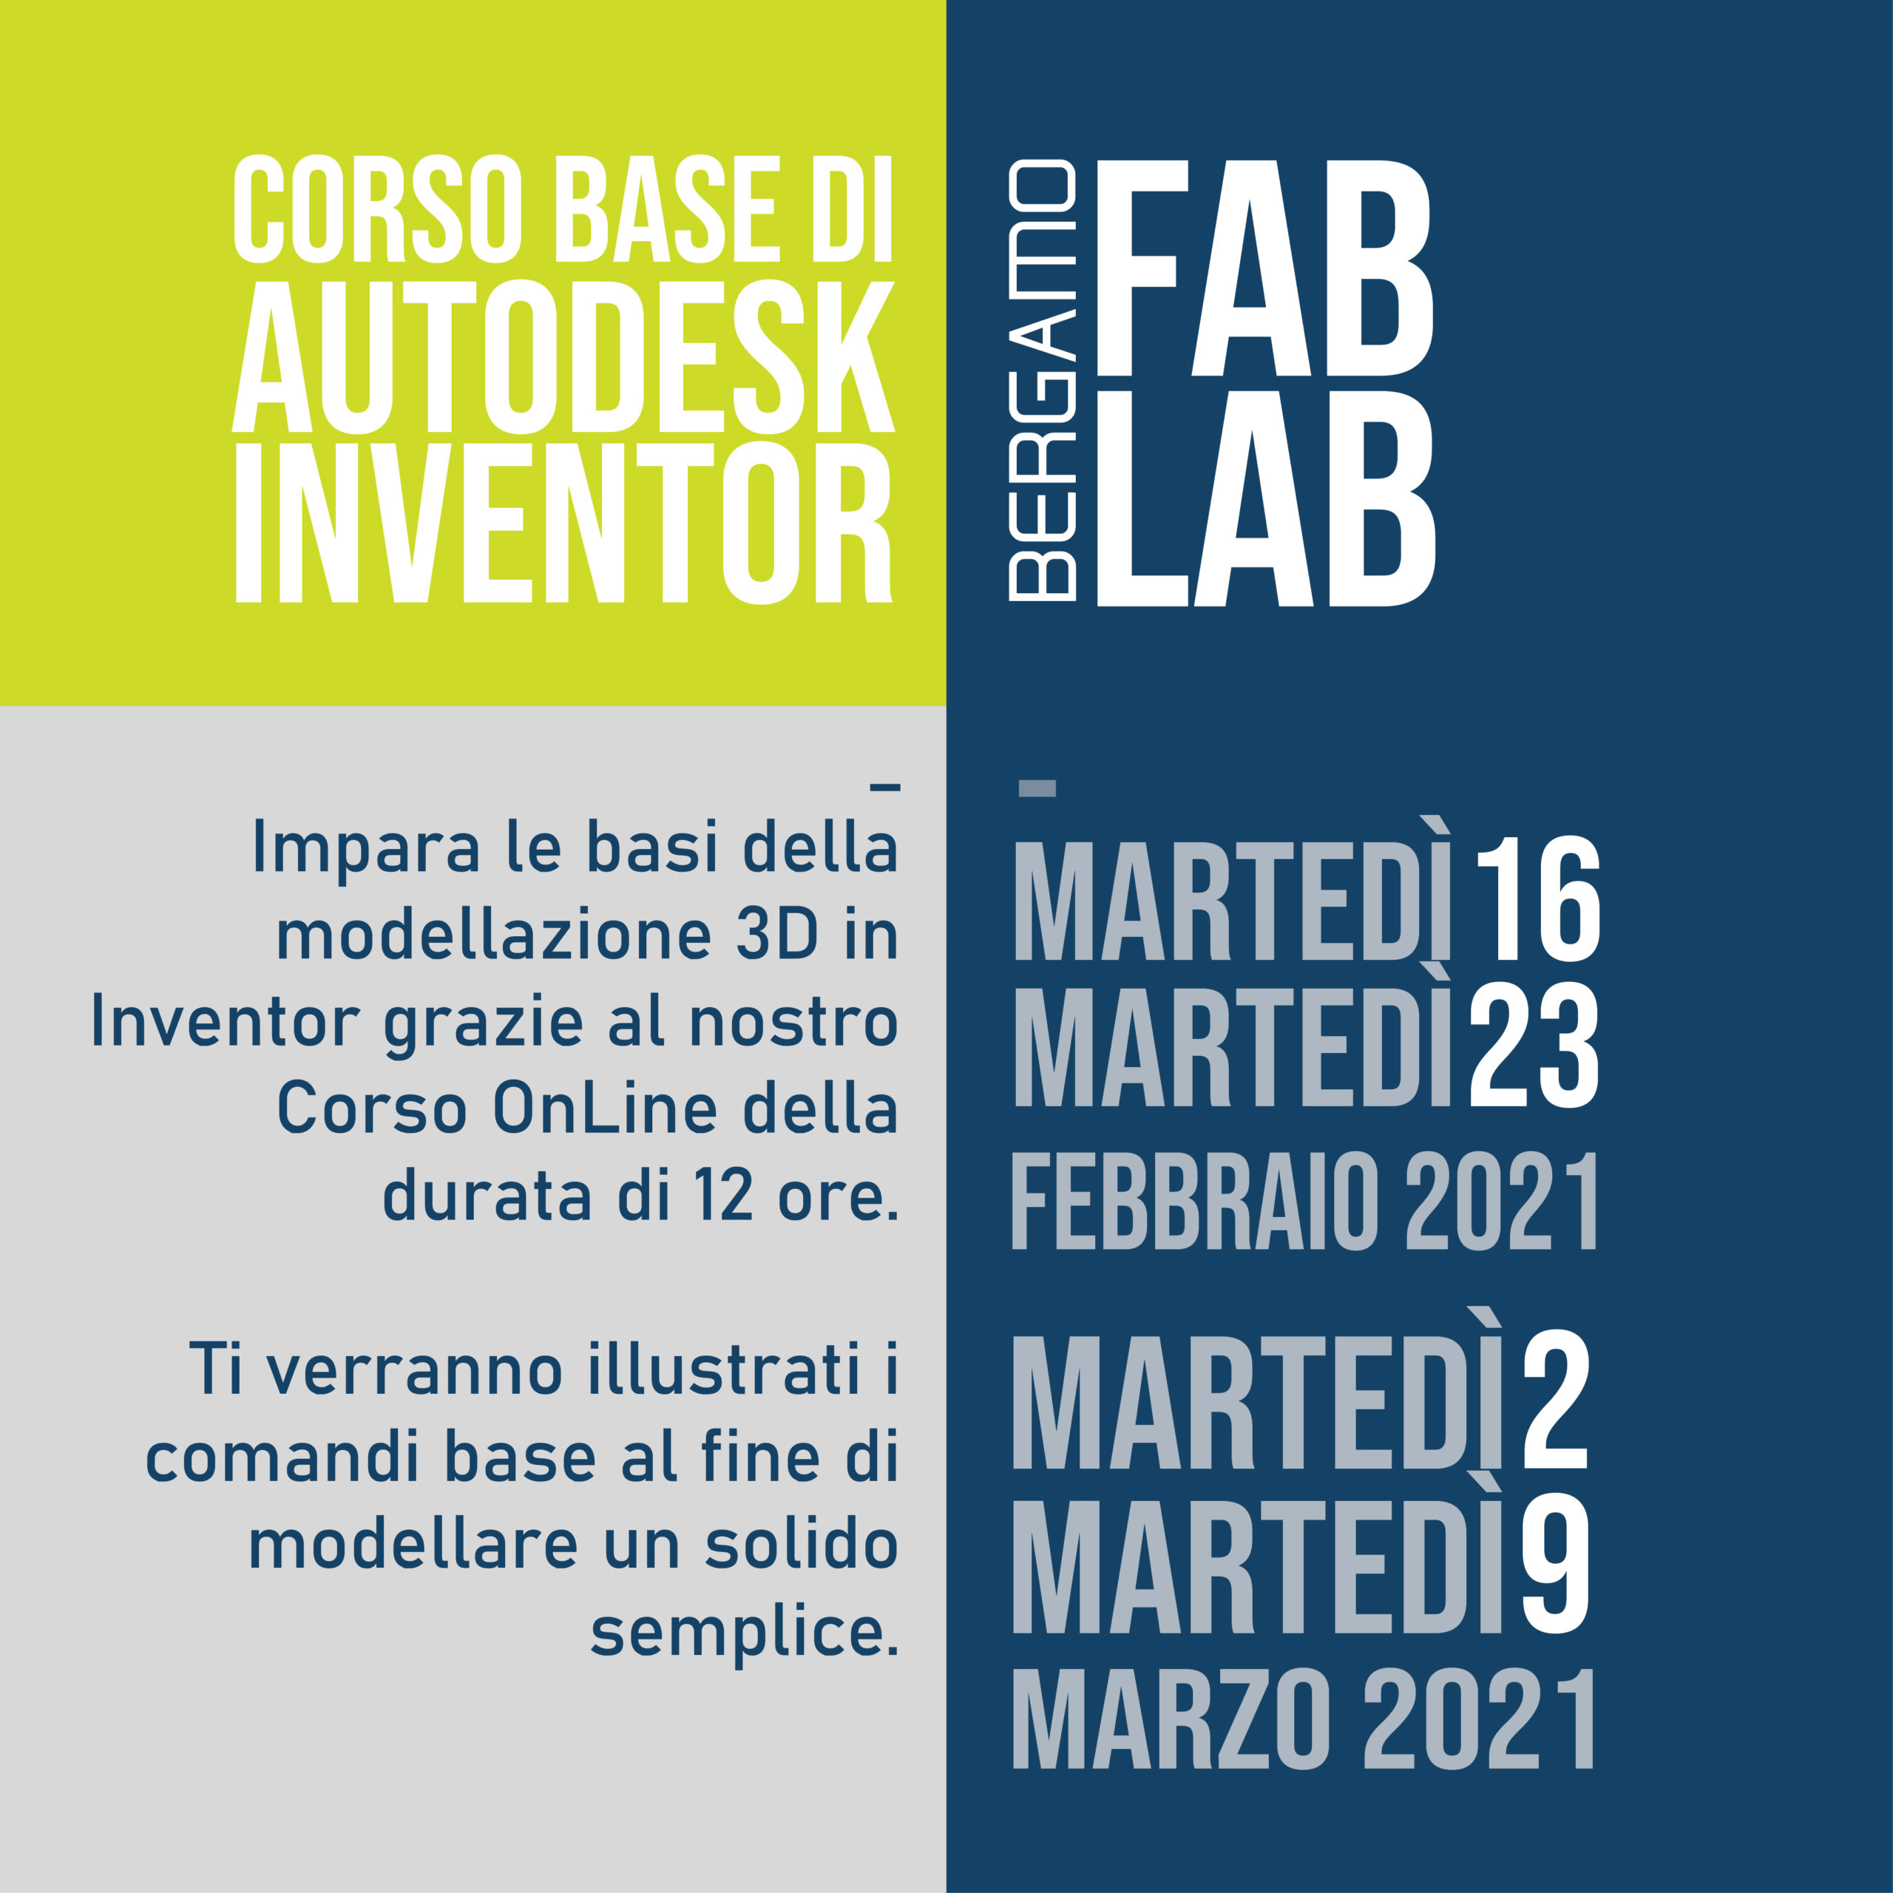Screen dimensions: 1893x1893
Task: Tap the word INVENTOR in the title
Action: coord(563,524)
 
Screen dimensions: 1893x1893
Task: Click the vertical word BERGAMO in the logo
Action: coord(1043,379)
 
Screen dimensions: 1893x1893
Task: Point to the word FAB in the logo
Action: coord(1264,268)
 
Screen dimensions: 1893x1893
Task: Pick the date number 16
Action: coord(1537,898)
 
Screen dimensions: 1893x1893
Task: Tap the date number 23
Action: coord(1534,1046)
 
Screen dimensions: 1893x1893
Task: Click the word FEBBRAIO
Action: coord(1200,1202)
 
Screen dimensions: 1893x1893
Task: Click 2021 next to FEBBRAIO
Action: coord(1501,1202)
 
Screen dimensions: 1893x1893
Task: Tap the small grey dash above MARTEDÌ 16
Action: coord(1037,788)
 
